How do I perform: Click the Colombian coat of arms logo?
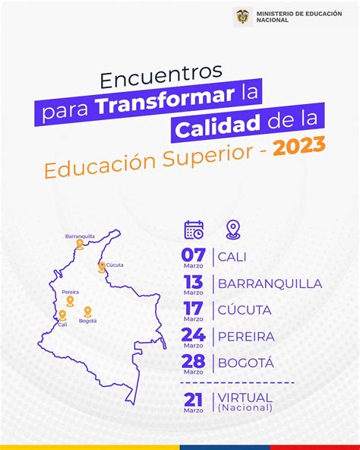(x=243, y=17)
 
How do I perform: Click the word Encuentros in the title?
(x=161, y=76)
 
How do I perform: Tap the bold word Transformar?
(x=165, y=101)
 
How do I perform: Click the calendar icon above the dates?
(x=194, y=230)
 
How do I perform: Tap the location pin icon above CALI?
(x=233, y=230)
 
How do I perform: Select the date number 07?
(x=194, y=255)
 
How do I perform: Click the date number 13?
(x=194, y=281)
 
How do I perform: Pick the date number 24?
(x=194, y=334)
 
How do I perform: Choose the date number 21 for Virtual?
(x=194, y=400)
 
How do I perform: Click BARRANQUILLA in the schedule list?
(x=270, y=284)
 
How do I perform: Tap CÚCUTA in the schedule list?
(x=245, y=309)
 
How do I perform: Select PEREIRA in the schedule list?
(x=246, y=337)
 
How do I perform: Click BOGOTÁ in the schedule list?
(x=246, y=363)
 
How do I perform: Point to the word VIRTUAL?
(x=245, y=398)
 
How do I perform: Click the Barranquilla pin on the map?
(x=80, y=244)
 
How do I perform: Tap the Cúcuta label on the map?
(x=115, y=265)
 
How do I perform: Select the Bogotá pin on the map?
(x=87, y=312)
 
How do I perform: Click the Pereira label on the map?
(x=71, y=292)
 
